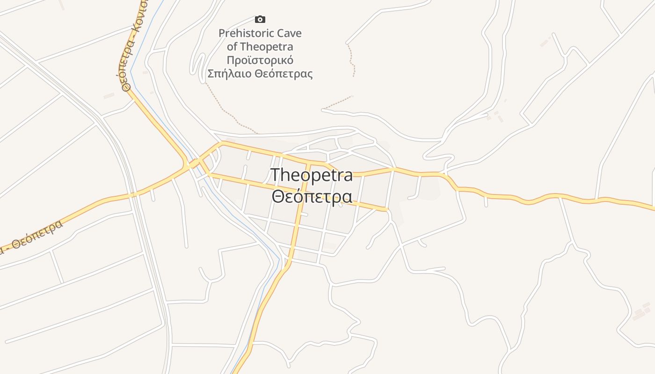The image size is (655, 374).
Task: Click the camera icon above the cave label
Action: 260,19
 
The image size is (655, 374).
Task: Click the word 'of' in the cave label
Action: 232,47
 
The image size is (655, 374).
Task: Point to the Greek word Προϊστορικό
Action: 260,60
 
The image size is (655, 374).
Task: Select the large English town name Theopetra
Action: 312,175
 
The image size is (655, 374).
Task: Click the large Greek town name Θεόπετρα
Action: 312,196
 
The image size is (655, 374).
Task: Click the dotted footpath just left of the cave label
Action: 225,110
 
